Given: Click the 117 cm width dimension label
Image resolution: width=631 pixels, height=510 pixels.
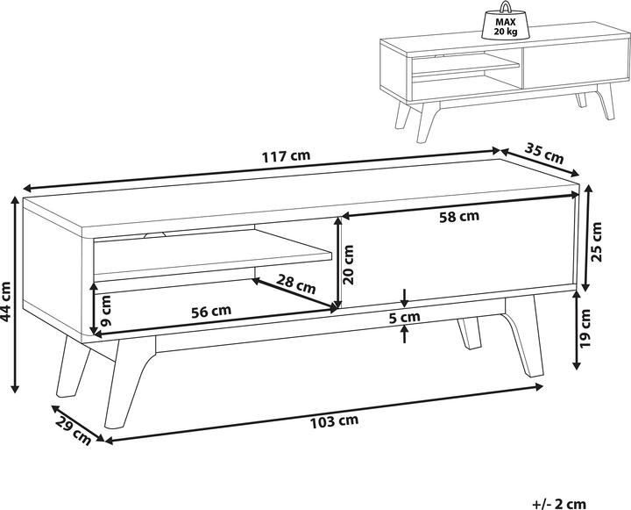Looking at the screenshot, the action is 286,155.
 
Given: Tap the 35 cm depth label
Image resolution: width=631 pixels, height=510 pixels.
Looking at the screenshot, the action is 544,154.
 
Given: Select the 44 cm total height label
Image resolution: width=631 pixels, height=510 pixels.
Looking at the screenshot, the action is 6,302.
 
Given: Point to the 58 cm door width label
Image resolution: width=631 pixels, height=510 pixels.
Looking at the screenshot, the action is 459,217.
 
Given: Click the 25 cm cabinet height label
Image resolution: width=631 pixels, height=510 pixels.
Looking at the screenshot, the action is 597,242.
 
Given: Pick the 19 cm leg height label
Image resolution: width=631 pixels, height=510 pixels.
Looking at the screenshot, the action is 585,328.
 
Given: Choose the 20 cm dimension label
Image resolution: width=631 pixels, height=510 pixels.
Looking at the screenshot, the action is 348,265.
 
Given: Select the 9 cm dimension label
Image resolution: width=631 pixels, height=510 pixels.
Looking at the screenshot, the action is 104,311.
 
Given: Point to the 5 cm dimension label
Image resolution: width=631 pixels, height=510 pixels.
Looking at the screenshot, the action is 405,317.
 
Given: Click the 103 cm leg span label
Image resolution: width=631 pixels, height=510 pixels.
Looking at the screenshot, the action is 334,421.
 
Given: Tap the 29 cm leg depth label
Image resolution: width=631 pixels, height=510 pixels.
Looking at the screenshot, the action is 74,431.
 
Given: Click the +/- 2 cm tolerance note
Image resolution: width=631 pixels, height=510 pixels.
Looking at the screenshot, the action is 559,504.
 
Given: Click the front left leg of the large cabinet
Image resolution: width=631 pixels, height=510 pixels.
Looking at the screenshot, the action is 128,382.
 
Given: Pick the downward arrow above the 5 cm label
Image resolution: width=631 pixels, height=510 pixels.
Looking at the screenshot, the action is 405,297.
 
